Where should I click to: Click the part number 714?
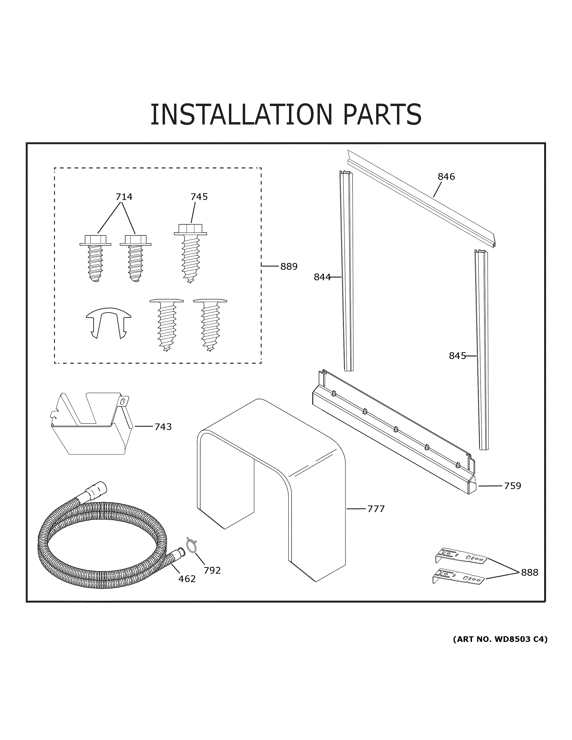tap(124, 197)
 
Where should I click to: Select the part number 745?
tap(199, 197)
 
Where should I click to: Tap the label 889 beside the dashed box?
tap(289, 267)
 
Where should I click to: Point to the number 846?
tap(446, 177)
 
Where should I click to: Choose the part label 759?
tap(512, 486)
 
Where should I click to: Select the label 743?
tap(163, 427)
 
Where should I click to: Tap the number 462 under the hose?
tap(187, 579)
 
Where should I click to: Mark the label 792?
tap(212, 571)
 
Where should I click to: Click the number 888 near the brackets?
tap(529, 573)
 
